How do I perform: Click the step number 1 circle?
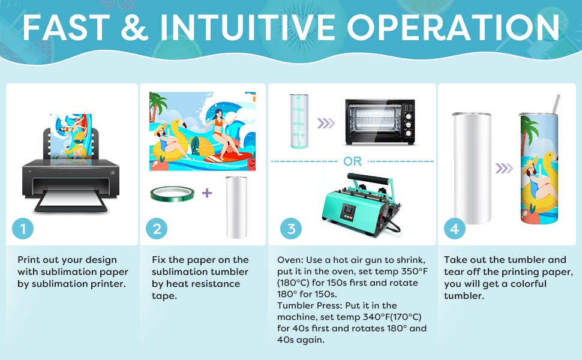23,229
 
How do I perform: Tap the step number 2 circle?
157,229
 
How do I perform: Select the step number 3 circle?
291,229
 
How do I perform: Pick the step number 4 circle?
455,229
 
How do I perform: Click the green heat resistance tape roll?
172,193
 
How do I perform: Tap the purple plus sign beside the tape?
207,193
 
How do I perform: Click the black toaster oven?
380,122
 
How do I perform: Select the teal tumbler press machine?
360,205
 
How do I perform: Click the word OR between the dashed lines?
352,161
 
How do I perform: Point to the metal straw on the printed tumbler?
556,104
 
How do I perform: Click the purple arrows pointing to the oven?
326,123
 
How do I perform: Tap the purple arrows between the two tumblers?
504,169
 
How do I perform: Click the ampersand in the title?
134,27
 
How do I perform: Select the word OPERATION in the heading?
453,27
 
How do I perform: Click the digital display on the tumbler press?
348,212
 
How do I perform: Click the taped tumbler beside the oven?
299,121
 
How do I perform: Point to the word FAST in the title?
67,28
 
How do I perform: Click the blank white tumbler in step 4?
472,168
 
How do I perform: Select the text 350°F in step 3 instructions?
414,271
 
